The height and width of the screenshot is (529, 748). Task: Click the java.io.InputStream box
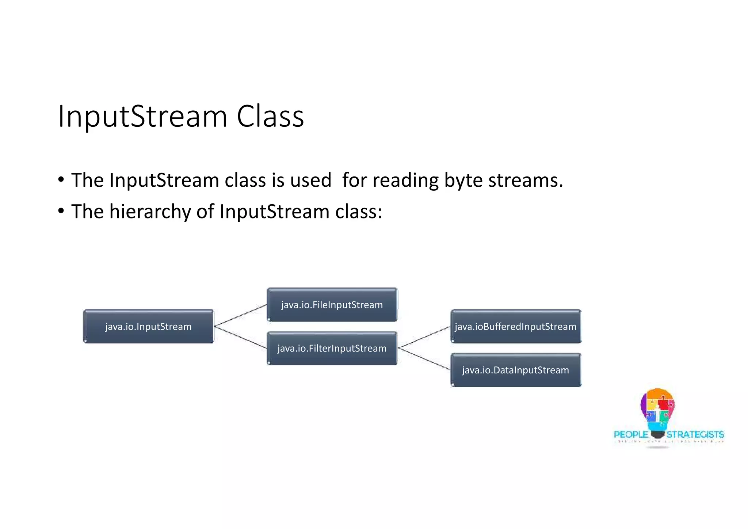pos(148,326)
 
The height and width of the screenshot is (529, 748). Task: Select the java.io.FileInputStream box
pos(332,305)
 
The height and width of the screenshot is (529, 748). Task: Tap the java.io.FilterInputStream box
pos(332,348)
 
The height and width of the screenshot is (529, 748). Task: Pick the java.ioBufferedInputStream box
pos(515,326)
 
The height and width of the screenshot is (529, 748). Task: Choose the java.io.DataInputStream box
pos(515,370)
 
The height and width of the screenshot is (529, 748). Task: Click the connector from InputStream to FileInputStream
pos(240,315)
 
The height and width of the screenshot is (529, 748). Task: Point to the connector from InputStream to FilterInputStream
pos(240,337)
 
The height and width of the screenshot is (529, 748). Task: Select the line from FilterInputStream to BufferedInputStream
pos(424,337)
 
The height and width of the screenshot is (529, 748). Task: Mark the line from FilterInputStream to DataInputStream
pos(424,359)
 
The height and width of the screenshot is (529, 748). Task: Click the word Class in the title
pos(270,116)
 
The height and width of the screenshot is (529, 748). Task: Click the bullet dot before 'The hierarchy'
pos(61,211)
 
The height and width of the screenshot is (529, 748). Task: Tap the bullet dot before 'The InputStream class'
pos(61,179)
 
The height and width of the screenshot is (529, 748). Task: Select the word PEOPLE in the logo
pos(631,434)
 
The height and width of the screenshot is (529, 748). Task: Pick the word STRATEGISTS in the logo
pos(695,434)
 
